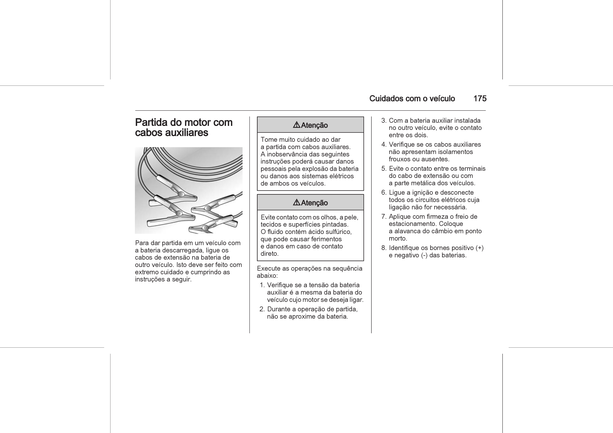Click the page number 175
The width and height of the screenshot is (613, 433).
tap(480, 99)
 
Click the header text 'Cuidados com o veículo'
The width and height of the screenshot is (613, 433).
tap(412, 99)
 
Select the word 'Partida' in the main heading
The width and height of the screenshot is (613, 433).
tap(151, 122)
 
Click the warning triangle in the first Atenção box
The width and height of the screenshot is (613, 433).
tap(297, 125)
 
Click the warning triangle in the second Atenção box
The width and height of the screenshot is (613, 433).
tap(297, 203)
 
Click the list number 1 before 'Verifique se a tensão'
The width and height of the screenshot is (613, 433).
tap(262, 285)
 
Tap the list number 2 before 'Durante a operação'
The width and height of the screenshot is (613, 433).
tap(262, 309)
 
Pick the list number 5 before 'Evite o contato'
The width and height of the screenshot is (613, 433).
tap(384, 169)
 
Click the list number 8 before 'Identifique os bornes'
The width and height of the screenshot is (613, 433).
tap(384, 248)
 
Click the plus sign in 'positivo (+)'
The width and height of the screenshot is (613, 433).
tap(480, 248)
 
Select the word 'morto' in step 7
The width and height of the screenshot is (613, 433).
tap(397, 238)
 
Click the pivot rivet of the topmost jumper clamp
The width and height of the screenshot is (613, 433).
tap(181, 194)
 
